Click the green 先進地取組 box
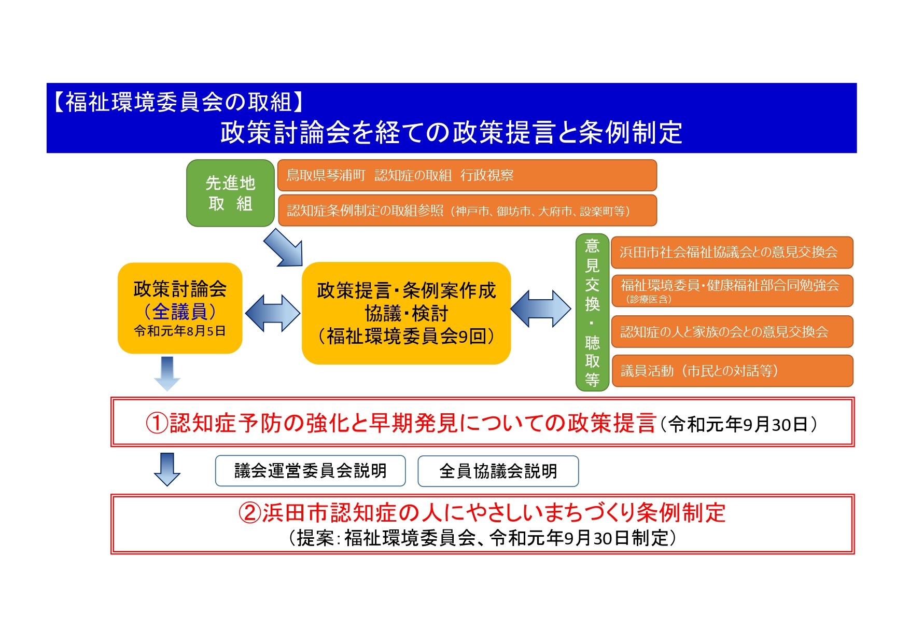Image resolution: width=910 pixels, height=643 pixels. (230, 193)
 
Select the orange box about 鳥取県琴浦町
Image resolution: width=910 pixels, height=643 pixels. (467, 175)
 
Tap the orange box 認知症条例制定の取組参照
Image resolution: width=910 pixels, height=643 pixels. (467, 211)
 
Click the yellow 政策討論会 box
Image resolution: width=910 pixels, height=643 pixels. (180, 308)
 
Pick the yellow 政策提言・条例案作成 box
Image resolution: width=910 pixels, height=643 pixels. (406, 313)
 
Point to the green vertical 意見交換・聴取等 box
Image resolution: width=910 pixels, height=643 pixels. (592, 312)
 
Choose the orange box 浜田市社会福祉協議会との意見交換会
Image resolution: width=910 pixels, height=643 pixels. (732, 253)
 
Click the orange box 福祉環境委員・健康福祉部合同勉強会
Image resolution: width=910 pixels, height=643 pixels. (732, 291)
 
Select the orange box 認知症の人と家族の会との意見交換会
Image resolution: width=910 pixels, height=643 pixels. (732, 331)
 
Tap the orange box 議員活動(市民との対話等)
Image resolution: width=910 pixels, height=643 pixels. (732, 371)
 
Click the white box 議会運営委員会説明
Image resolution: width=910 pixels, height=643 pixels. (310, 471)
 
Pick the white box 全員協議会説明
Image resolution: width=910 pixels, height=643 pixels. (498, 471)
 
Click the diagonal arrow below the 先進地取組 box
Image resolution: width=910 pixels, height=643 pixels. (284, 248)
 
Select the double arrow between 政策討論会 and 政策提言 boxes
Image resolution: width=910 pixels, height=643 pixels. (272, 313)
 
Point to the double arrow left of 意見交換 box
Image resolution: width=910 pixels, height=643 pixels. (541, 309)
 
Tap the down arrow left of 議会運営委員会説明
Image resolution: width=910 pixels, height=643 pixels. (167, 469)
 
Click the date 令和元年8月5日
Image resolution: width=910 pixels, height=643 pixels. (180, 331)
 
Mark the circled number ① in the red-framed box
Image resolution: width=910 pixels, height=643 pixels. (157, 423)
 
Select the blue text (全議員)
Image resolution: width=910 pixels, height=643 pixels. (180, 311)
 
